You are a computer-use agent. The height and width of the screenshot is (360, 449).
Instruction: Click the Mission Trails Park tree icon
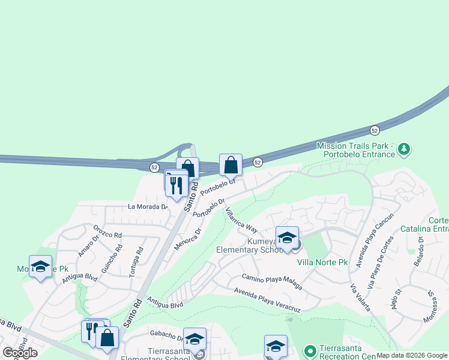point(405,148)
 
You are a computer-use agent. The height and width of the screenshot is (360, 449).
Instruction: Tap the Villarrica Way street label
point(241,220)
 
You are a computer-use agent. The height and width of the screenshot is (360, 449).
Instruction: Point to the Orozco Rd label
point(108,231)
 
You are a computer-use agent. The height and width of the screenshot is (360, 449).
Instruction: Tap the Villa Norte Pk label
point(322,262)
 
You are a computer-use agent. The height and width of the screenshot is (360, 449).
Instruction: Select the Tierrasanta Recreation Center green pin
point(310,350)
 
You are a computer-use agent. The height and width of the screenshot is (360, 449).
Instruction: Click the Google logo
point(20,353)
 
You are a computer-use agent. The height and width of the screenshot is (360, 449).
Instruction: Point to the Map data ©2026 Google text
point(412,355)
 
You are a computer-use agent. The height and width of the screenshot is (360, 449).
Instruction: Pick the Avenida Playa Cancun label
point(375,233)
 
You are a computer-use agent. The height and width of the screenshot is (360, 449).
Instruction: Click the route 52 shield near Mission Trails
point(375,130)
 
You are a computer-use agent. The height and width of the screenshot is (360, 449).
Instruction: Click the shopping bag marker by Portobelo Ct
point(231,164)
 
